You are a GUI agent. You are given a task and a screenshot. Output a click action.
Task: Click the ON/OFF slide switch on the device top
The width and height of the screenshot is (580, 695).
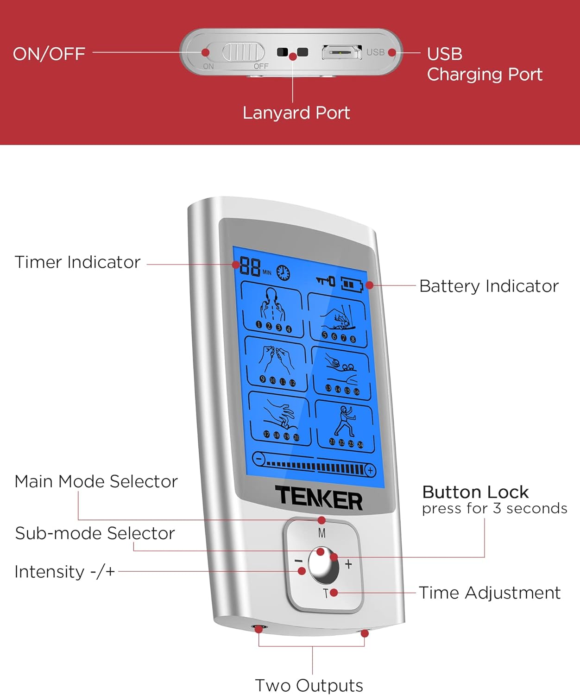pyautogui.click(x=243, y=52)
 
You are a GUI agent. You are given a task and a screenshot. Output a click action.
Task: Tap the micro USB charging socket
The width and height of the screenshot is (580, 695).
pyautogui.click(x=342, y=52)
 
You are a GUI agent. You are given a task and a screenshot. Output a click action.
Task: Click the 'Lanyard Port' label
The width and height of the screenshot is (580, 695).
pyautogui.click(x=296, y=113)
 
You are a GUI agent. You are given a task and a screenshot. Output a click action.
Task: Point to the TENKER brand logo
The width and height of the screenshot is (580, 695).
pyautogui.click(x=319, y=498)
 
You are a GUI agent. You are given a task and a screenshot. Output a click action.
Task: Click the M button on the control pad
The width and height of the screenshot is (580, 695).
pyautogui.click(x=322, y=533)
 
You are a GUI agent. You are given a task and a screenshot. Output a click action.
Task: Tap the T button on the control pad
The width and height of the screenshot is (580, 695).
pyautogui.click(x=326, y=594)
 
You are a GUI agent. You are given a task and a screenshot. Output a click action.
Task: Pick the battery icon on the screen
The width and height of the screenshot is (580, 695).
pyautogui.click(x=352, y=284)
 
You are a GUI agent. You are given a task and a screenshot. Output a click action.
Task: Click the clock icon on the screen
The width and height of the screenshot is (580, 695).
pyautogui.click(x=283, y=272)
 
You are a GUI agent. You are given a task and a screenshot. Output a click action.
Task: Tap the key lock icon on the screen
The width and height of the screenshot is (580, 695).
pyautogui.click(x=325, y=280)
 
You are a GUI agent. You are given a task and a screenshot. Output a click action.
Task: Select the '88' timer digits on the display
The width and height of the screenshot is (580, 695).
pyautogui.click(x=250, y=267)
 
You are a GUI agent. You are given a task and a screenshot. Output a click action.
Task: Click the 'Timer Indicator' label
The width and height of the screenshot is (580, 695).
pyautogui.click(x=77, y=262)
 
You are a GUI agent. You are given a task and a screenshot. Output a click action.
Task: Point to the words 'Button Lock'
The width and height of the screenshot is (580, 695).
pyautogui.click(x=475, y=492)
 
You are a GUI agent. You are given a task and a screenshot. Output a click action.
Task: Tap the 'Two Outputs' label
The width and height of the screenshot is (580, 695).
pyautogui.click(x=309, y=685)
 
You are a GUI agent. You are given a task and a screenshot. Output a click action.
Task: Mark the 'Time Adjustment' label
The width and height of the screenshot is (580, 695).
pyautogui.click(x=490, y=593)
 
